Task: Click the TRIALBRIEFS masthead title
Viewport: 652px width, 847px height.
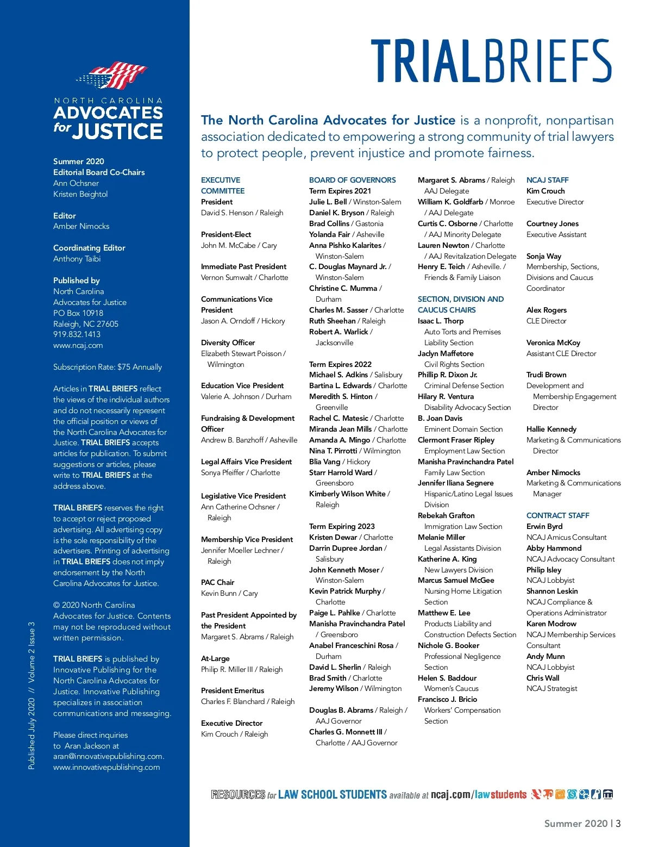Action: (492, 61)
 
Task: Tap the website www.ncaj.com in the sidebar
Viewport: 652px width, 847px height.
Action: (78, 345)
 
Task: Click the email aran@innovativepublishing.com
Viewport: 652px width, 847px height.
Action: (108, 756)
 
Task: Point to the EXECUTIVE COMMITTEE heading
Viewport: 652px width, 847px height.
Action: (223, 185)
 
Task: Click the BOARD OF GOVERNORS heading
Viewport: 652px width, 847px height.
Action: (352, 180)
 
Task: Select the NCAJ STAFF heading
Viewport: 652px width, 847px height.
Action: (547, 180)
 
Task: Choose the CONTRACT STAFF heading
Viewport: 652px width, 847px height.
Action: (557, 515)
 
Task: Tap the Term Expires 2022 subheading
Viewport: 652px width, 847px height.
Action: (340, 364)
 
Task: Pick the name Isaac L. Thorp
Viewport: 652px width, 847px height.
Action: (440, 321)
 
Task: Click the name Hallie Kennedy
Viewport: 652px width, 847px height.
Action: (551, 429)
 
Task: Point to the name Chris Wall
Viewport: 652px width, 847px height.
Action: (542, 678)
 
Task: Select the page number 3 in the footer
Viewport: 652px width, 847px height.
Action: (618, 823)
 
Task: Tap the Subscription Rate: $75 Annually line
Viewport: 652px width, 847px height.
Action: (107, 367)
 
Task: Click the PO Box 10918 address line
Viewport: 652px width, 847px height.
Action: (78, 313)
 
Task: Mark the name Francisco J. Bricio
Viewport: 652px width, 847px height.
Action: (447, 699)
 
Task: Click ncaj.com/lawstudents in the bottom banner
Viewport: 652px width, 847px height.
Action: (478, 794)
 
